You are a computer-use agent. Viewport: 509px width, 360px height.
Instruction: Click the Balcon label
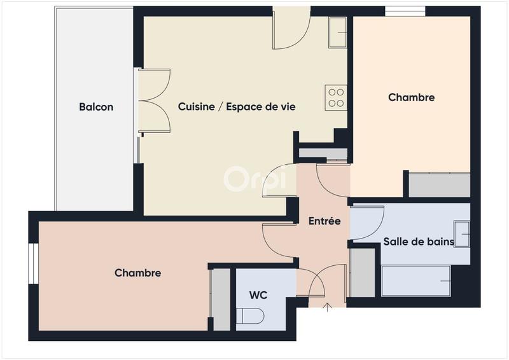pos(96,107)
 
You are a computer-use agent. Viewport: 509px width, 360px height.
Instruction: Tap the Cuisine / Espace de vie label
pos(237,107)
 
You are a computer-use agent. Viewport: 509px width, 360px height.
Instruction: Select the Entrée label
pos(324,221)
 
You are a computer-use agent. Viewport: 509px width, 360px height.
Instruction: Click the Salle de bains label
pos(418,242)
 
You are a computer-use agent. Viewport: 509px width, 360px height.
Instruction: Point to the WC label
pos(258,295)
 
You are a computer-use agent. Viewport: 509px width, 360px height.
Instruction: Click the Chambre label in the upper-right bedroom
pos(411,97)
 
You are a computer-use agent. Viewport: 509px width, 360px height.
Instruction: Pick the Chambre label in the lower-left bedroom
pos(137,273)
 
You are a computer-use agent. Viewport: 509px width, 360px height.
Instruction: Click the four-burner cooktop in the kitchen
pos(336,97)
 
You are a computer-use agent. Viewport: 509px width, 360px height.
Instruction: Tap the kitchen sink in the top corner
pos(338,32)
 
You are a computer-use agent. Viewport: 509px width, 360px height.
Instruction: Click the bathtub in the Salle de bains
pos(416,280)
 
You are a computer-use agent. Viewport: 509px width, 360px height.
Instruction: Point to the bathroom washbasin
pos(462,233)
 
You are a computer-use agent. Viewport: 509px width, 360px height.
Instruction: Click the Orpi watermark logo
pos(254,179)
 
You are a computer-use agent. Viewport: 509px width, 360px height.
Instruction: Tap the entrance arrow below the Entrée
pos(328,310)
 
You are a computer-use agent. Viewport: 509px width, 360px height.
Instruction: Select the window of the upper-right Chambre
pos(405,11)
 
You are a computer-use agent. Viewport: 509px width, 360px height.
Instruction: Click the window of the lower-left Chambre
pos(32,262)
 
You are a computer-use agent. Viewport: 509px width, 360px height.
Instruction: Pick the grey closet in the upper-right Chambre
pos(439,184)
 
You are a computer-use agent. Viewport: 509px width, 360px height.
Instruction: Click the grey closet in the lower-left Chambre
pos(221,299)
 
